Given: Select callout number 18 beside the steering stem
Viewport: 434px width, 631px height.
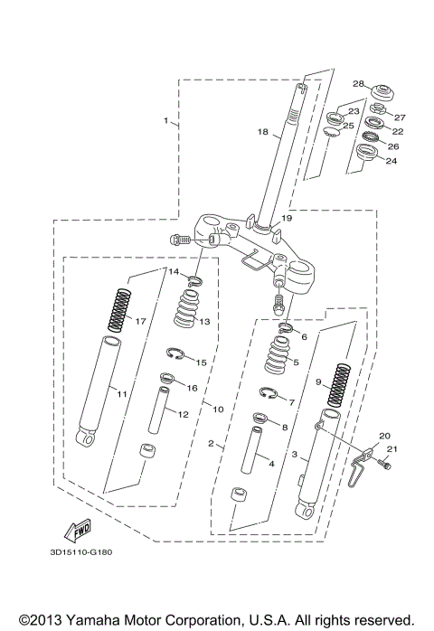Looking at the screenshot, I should [262, 132].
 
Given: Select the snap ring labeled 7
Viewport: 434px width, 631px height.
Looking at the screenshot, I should [268, 392].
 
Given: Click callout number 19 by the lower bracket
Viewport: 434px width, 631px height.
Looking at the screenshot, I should [287, 218].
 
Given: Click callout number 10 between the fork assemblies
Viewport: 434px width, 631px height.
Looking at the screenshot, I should [218, 410].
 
